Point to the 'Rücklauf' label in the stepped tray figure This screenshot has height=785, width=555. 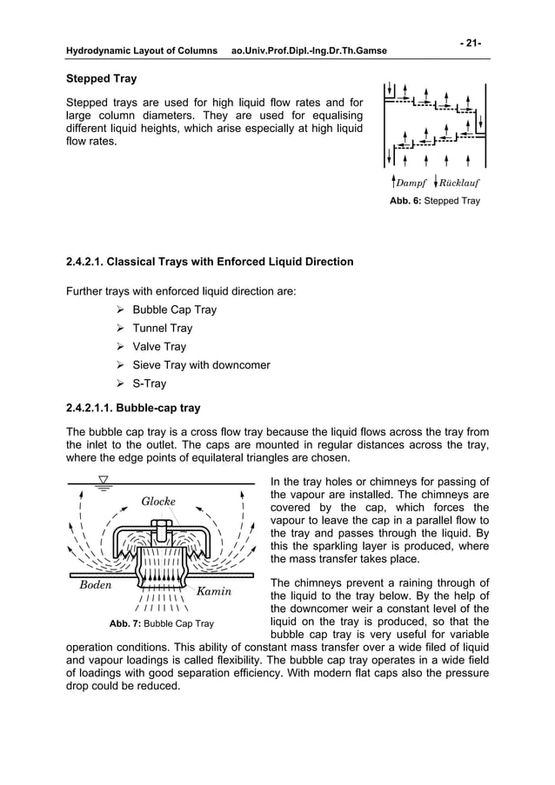tap(458, 183)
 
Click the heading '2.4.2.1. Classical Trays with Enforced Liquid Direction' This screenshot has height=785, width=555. tap(210, 261)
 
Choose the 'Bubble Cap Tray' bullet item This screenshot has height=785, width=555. tap(174, 309)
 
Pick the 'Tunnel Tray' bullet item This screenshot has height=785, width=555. tap(162, 329)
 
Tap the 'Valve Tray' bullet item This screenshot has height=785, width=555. tap(159, 347)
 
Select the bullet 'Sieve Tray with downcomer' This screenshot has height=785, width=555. tap(201, 365)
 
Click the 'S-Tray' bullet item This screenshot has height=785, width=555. tap(149, 383)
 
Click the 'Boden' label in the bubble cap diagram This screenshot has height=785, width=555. tap(96, 585)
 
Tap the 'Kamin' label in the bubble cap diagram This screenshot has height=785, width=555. tap(212, 592)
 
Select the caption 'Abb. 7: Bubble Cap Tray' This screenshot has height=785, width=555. tap(161, 623)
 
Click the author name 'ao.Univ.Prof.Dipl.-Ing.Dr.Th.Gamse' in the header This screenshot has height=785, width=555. tap(309, 51)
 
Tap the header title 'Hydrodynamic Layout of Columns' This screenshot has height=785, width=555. tap(142, 51)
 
